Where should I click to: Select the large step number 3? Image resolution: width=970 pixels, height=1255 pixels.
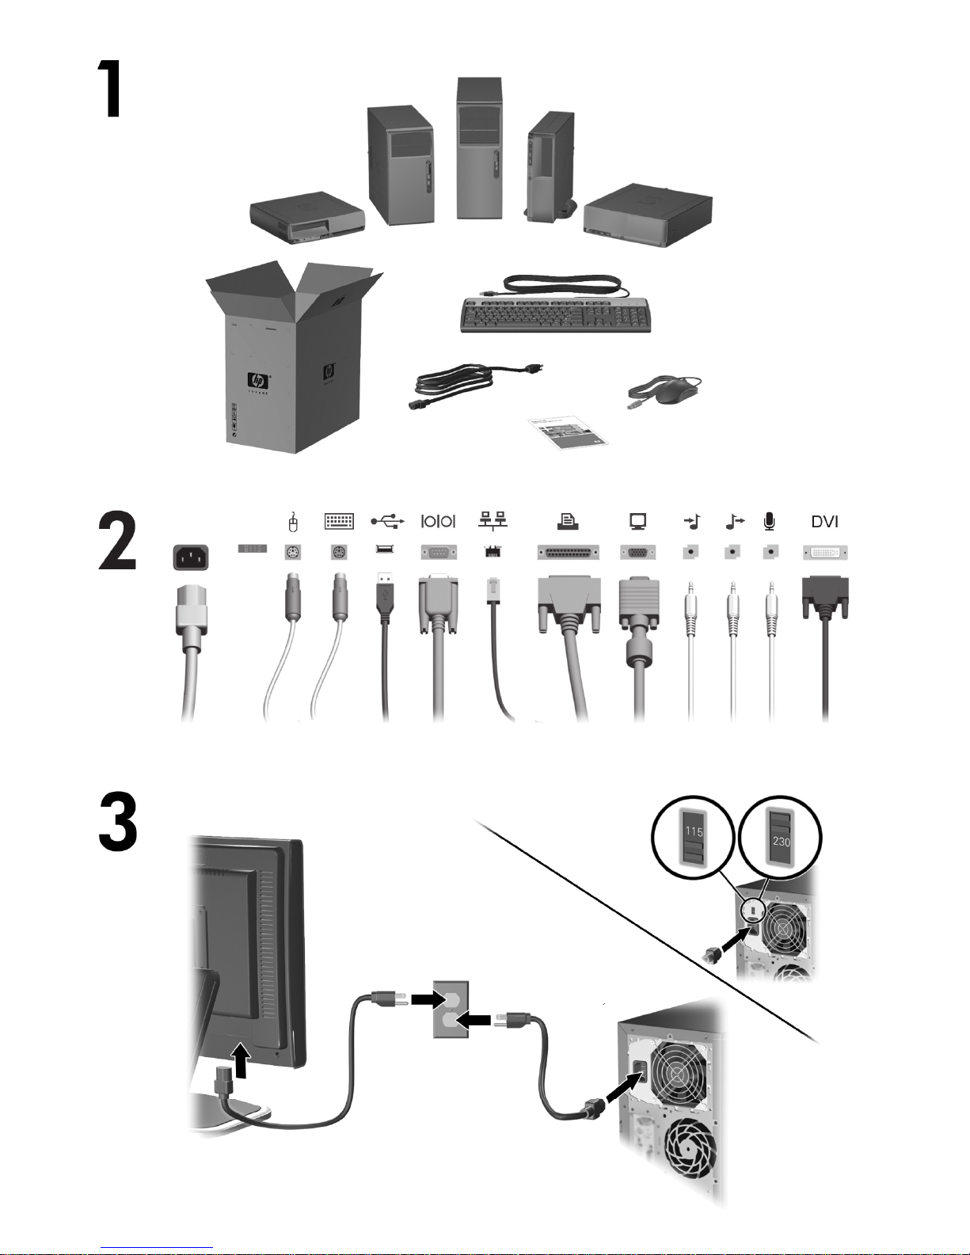(x=118, y=823)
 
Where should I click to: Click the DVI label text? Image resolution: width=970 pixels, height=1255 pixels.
(x=824, y=522)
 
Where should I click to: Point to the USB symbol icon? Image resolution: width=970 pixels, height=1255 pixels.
(x=387, y=521)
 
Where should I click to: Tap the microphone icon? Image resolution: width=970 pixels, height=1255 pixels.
(x=769, y=521)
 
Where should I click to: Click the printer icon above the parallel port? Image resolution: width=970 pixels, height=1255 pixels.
(x=567, y=520)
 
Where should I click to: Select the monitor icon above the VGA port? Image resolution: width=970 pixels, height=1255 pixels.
(x=637, y=520)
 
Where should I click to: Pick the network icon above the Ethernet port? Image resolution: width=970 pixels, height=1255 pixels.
(x=493, y=520)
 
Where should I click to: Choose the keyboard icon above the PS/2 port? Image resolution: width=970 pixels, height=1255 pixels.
(x=339, y=521)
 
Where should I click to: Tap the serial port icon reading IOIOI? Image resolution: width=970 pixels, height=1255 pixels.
(x=438, y=521)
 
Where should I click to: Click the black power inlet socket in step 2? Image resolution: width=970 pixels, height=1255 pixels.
(x=193, y=556)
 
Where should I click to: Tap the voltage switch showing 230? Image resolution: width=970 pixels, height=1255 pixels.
(x=781, y=836)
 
